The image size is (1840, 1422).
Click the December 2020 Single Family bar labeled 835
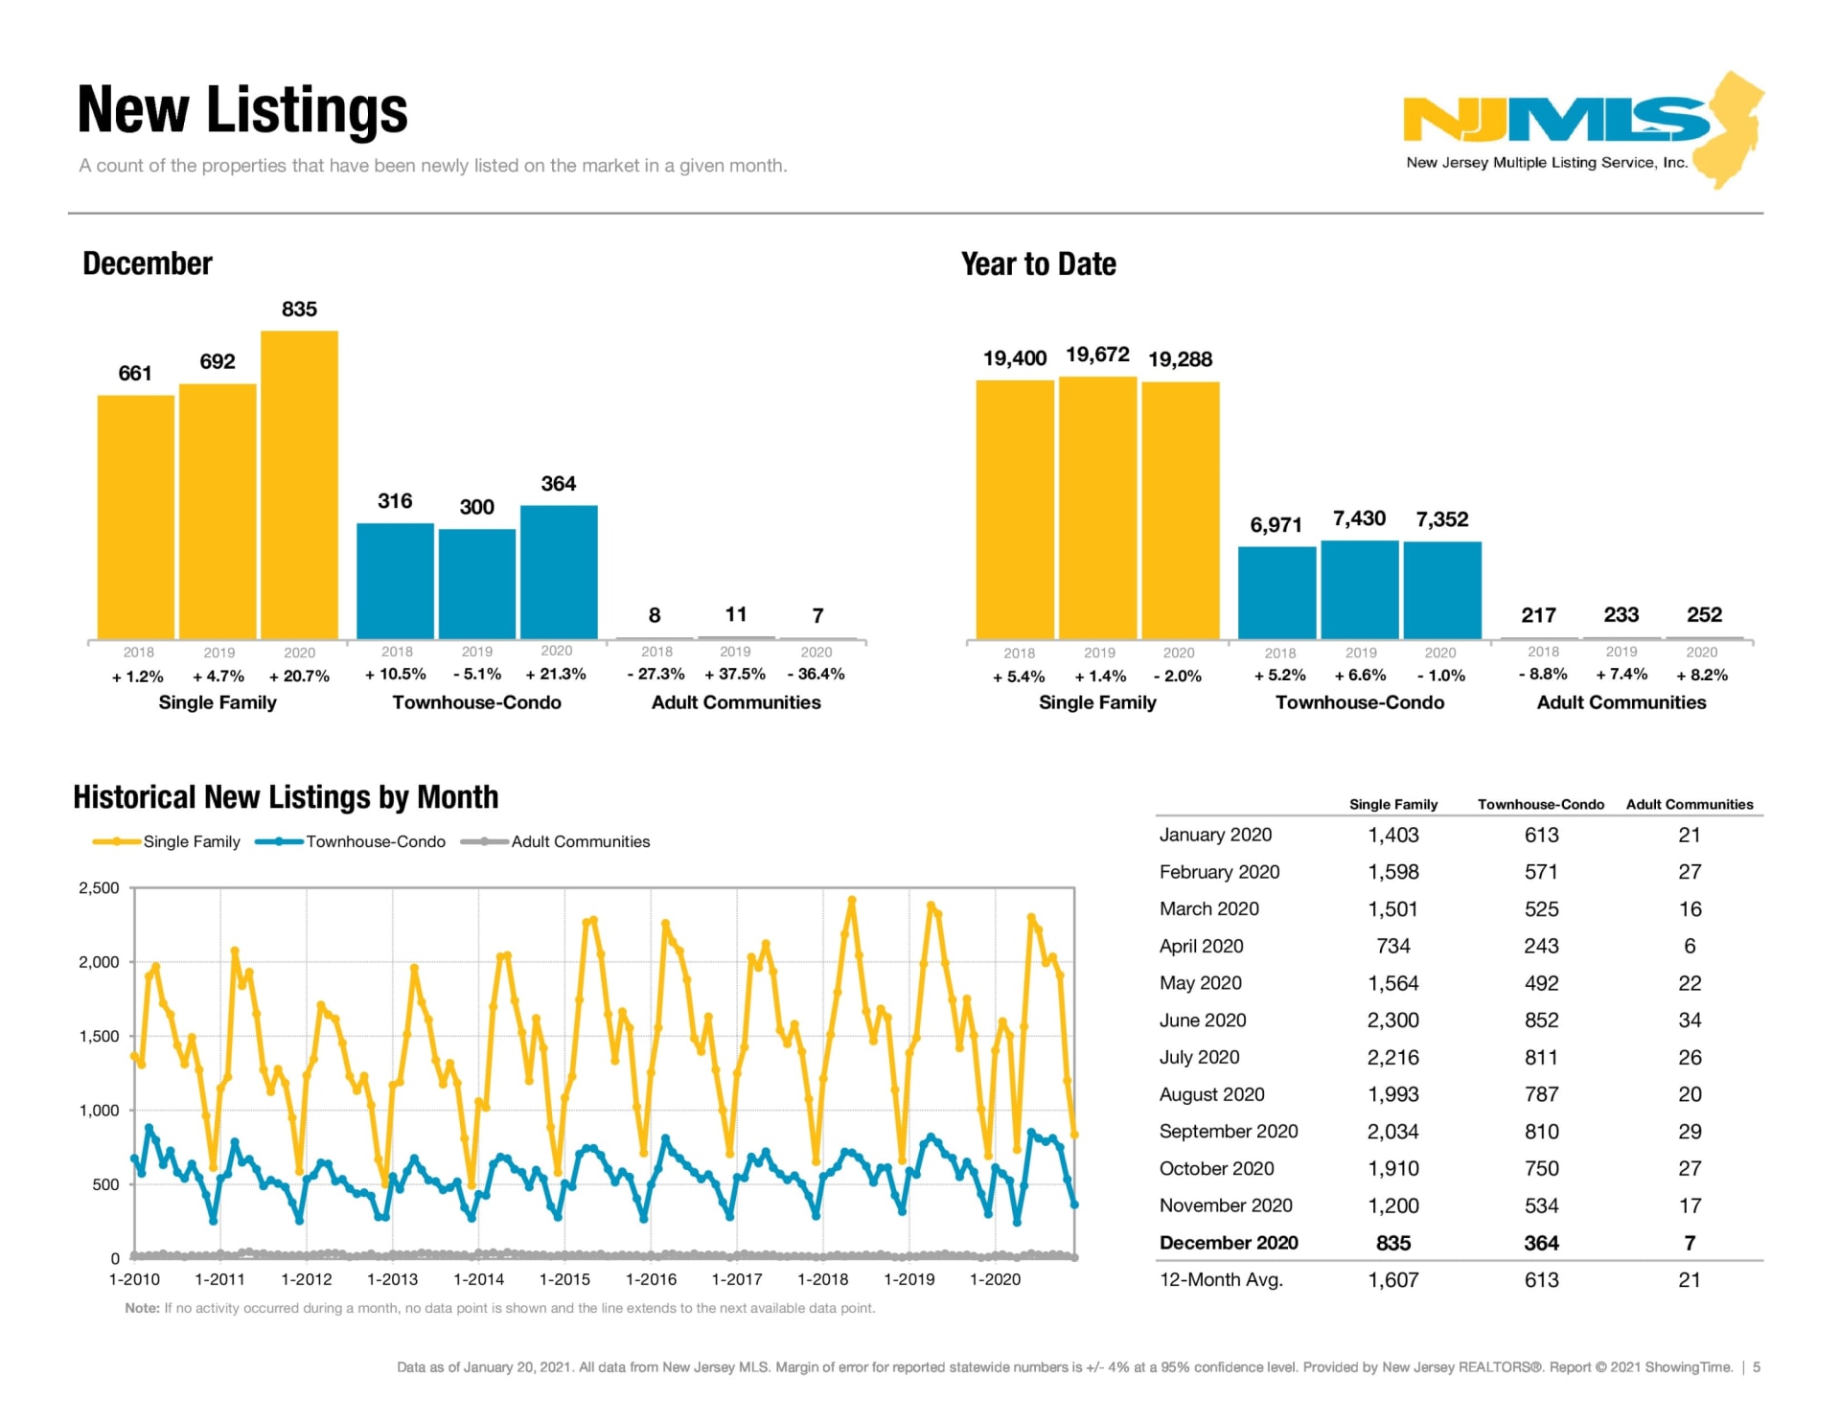(x=299, y=484)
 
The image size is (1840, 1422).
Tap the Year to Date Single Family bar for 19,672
(x=1097, y=508)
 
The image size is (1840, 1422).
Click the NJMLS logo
(x=1581, y=129)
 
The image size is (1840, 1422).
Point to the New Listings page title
(x=242, y=109)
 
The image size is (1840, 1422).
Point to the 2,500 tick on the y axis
(x=99, y=887)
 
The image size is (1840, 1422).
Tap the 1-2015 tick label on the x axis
(x=564, y=1279)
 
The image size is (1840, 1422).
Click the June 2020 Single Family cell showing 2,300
(x=1392, y=1021)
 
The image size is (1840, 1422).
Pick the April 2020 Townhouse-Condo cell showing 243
(x=1541, y=946)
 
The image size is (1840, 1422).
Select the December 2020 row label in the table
(x=1228, y=1243)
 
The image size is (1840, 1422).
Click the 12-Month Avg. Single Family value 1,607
(x=1392, y=1280)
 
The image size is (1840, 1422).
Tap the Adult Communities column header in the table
(x=1689, y=805)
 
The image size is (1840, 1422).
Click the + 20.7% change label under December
(x=299, y=676)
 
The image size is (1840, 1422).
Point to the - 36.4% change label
(x=816, y=674)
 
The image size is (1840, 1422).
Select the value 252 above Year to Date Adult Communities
(x=1704, y=614)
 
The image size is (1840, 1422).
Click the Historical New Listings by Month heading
(x=286, y=797)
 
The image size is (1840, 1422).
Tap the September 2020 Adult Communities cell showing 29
(x=1690, y=1132)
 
